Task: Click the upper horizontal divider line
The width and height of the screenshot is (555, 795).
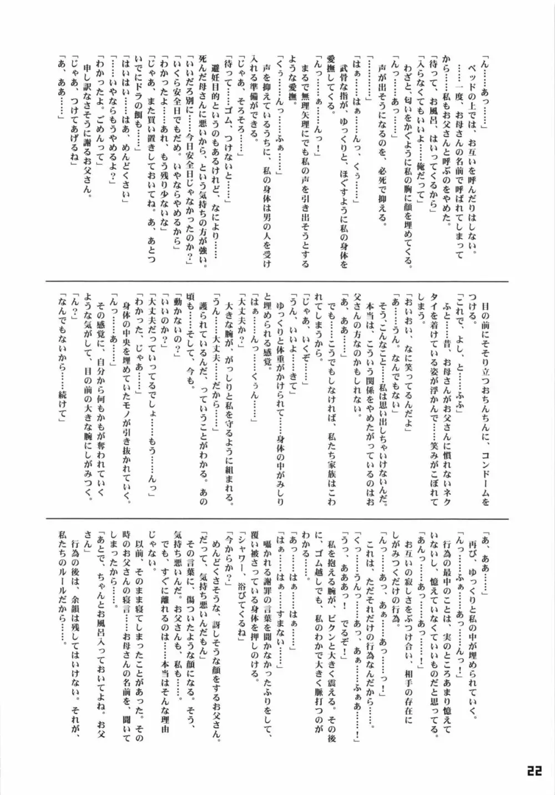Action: click(x=277, y=281)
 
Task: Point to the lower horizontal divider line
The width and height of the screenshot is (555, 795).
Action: click(x=277, y=519)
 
